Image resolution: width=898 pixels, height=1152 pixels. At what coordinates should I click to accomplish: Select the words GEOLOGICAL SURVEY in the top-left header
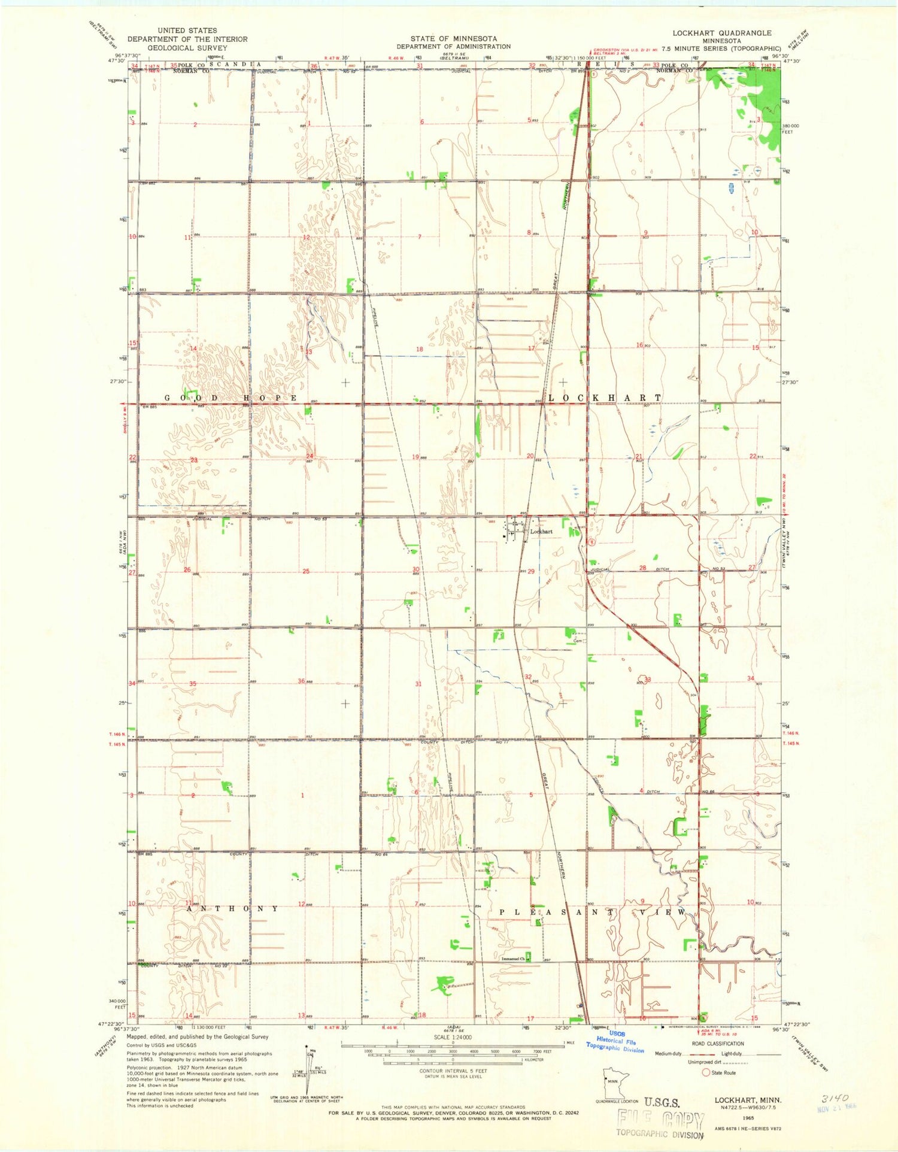(x=187, y=48)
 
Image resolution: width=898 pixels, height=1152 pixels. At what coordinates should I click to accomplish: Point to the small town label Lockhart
(x=541, y=531)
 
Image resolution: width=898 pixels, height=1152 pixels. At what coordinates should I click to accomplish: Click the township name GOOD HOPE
(x=231, y=398)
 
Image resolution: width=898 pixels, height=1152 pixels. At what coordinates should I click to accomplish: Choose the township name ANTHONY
(x=232, y=908)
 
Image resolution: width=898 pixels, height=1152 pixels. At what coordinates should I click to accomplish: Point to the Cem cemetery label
(x=578, y=641)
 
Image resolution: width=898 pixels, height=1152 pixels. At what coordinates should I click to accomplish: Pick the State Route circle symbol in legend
(x=706, y=1072)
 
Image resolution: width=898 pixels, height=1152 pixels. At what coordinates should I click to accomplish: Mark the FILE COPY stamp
(x=660, y=1119)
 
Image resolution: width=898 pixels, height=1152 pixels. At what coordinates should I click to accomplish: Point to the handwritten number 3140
(x=835, y=1098)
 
